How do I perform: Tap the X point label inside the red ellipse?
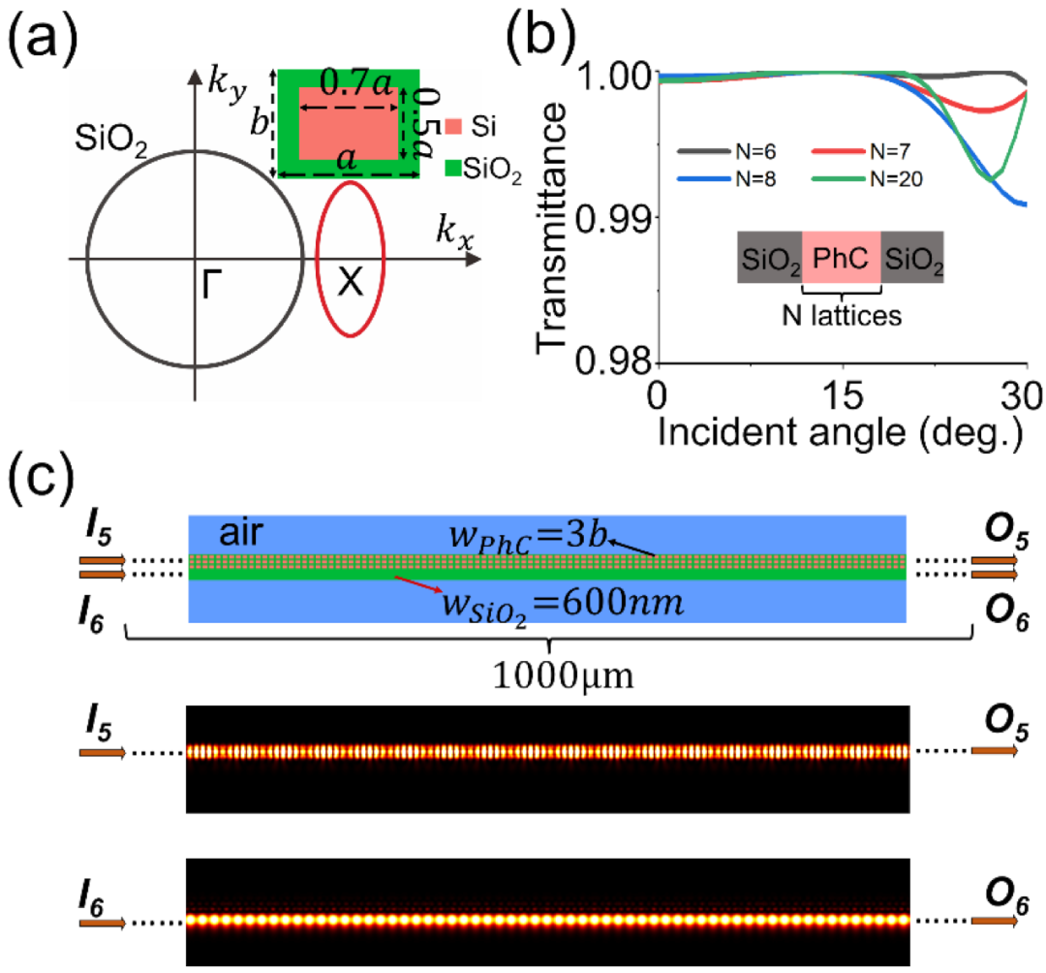pyautogui.click(x=351, y=282)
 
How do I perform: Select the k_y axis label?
pyautogui.click(x=227, y=84)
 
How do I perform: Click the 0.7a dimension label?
pyautogui.click(x=355, y=82)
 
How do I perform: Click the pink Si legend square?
pyautogui.click(x=453, y=126)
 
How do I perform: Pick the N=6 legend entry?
pyautogui.click(x=727, y=152)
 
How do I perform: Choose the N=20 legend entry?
pyautogui.click(x=867, y=179)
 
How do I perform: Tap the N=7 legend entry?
pyautogui.click(x=861, y=152)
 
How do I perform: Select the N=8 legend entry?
pyautogui.click(x=727, y=179)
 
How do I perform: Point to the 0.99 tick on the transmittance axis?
pyautogui.click(x=613, y=218)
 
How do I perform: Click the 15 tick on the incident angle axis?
pyautogui.click(x=843, y=395)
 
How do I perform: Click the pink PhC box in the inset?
pyautogui.click(x=842, y=258)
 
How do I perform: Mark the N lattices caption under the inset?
pyautogui.click(x=842, y=315)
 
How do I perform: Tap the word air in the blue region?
pyautogui.click(x=241, y=533)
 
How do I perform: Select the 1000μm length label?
pyautogui.click(x=563, y=676)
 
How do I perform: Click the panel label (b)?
pyautogui.click(x=540, y=35)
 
